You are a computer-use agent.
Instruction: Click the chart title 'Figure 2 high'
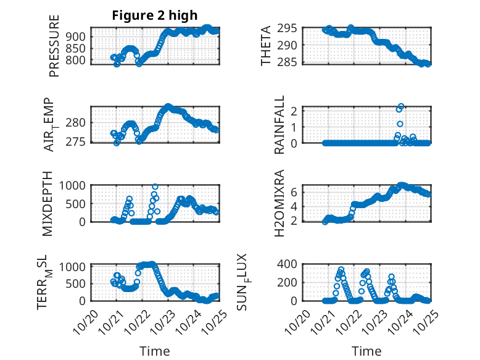[x=154, y=15]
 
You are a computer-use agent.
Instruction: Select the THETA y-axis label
[x=266, y=45]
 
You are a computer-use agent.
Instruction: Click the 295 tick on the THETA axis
[x=289, y=28]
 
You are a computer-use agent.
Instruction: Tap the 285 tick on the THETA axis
[x=289, y=62]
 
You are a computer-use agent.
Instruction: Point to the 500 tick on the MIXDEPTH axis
[x=76, y=203]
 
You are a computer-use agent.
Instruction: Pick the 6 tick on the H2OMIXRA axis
[x=295, y=192]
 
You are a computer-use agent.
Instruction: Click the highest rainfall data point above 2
[x=401, y=106]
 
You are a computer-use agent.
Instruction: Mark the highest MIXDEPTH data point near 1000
[x=155, y=186]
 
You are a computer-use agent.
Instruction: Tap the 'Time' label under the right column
[x=366, y=351]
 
